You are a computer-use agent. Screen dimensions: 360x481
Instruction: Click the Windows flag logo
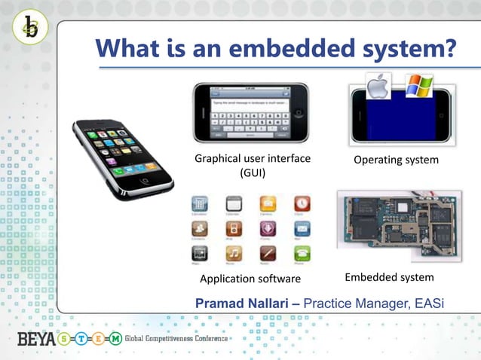(x=418, y=85)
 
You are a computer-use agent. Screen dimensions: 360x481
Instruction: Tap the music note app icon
(x=234, y=253)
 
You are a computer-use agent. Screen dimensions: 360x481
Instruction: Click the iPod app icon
(x=234, y=228)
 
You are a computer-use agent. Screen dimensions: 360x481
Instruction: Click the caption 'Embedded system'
(x=389, y=278)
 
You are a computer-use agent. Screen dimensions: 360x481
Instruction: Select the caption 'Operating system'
(x=397, y=160)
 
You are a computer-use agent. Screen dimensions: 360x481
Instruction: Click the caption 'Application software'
(x=244, y=279)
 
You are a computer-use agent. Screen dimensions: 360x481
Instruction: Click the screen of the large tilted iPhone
(x=121, y=154)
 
